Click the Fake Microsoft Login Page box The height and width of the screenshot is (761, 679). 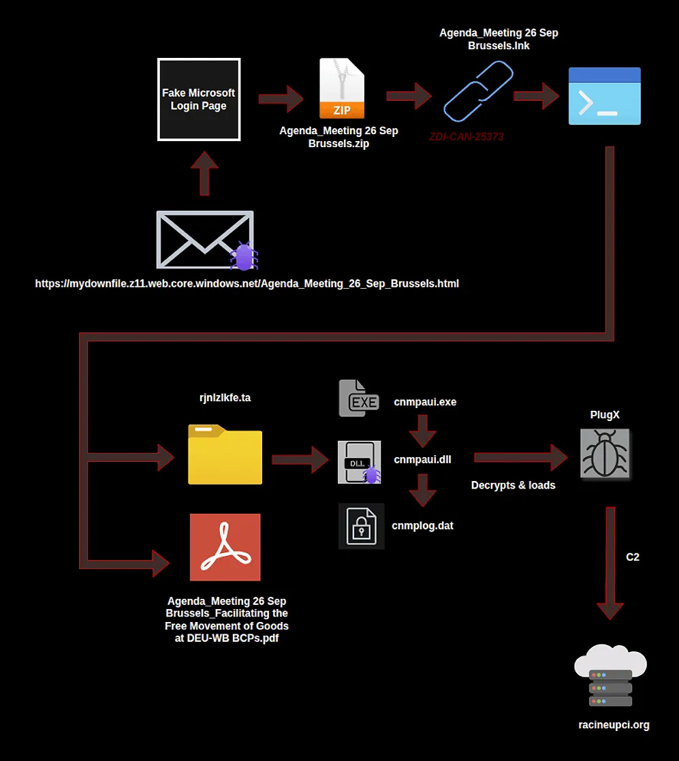tap(199, 99)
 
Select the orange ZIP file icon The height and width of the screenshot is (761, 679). tap(342, 89)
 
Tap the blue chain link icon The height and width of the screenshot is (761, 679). tap(477, 91)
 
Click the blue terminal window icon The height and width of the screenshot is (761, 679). tap(605, 96)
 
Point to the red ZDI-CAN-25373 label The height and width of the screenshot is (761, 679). tap(467, 136)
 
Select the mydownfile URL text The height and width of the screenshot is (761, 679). tap(247, 283)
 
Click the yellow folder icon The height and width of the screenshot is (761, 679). tap(225, 454)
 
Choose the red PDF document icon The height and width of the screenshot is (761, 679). tap(225, 547)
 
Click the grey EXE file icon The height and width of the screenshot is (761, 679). tap(359, 399)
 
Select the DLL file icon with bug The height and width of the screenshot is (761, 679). tap(359, 463)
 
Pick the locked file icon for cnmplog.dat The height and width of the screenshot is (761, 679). tap(362, 526)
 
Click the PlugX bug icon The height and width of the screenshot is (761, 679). tap(605, 454)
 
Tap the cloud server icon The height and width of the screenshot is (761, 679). tap(610, 677)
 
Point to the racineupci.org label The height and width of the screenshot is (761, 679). tap(610, 724)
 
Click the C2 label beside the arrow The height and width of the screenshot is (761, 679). tap(633, 557)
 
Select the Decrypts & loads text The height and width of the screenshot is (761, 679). tap(514, 485)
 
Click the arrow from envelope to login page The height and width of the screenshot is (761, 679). tap(204, 173)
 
